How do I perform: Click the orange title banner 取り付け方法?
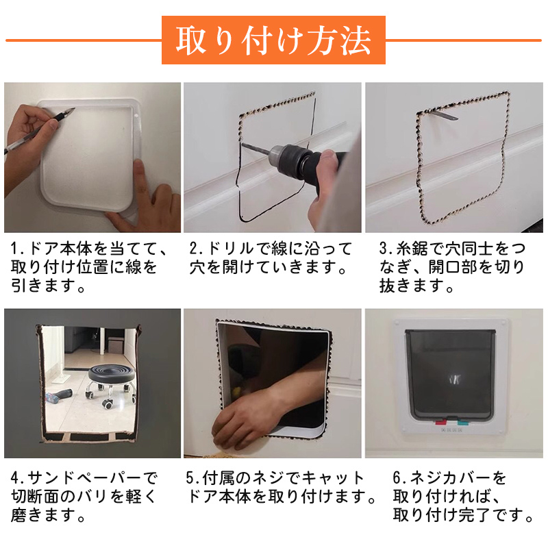273,40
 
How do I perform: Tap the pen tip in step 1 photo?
74,109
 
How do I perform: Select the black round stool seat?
111,373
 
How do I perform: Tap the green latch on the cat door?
462,422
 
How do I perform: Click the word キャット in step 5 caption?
333,477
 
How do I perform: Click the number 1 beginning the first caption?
14,249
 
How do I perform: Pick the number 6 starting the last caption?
397,477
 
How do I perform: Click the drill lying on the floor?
59,395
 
